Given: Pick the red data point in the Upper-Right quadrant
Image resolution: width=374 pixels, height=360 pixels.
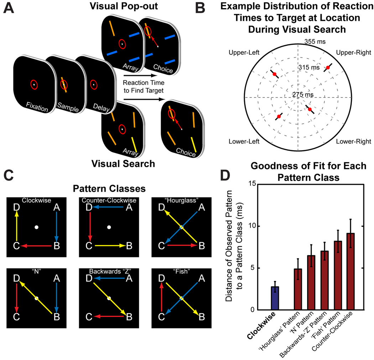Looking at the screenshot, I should (328, 68).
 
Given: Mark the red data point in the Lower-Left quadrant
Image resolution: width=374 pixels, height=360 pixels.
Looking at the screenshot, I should (278, 116).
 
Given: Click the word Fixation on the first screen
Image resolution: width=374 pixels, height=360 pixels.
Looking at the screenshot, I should (35, 107).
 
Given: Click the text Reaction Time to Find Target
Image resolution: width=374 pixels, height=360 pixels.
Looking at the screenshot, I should (142, 87).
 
